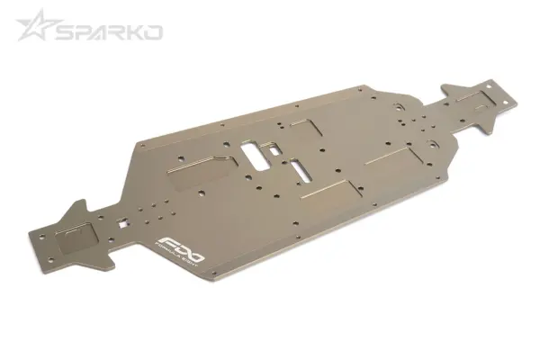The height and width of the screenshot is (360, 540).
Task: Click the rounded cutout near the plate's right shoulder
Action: pyautogui.click(x=433, y=142)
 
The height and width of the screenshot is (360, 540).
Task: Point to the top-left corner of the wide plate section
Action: pyautogui.click(x=144, y=141)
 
